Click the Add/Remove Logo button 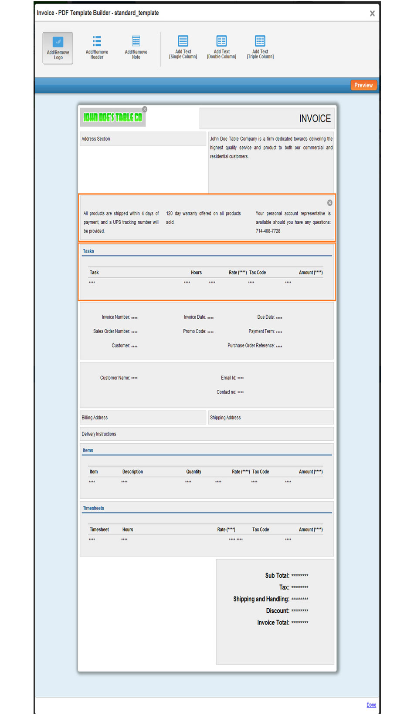point(58,48)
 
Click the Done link point(371,705)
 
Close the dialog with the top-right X point(372,13)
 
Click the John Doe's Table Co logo point(112,117)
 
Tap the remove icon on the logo point(145,109)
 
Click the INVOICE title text point(315,118)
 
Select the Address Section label point(96,139)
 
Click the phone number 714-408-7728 point(268,231)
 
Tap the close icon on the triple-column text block point(330,203)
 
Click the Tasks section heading point(88,251)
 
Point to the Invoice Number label point(116,317)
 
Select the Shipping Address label point(225,418)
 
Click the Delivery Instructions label point(99,434)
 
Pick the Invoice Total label point(273,623)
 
